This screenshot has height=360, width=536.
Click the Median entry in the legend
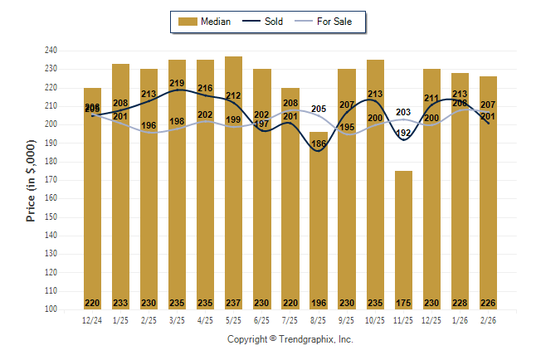pyautogui.click(x=207, y=22)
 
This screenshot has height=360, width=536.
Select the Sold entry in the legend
pyautogui.click(x=266, y=22)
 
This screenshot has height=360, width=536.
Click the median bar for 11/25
pyautogui.click(x=404, y=241)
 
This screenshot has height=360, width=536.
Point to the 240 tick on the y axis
pyautogui.click(x=51, y=51)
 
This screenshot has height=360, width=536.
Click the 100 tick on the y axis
pyautogui.click(x=51, y=309)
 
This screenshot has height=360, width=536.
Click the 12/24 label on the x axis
pyautogui.click(x=92, y=320)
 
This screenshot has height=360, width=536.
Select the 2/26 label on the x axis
pyautogui.click(x=489, y=320)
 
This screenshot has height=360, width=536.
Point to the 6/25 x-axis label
pyautogui.click(x=262, y=320)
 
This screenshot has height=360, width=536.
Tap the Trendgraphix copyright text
pyautogui.click(x=290, y=339)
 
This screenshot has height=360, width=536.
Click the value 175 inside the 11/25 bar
pyautogui.click(x=404, y=303)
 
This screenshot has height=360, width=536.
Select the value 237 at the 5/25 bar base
pyautogui.click(x=234, y=303)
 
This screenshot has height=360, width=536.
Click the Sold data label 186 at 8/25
pyautogui.click(x=319, y=144)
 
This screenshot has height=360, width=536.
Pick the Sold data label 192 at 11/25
pyautogui.click(x=404, y=133)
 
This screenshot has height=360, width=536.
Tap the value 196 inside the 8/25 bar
pyautogui.click(x=319, y=303)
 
